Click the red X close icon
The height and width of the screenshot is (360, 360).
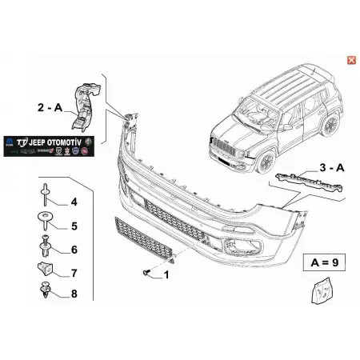click(350, 59)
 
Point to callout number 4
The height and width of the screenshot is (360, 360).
click(74, 202)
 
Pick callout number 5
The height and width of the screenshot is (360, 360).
click(74, 226)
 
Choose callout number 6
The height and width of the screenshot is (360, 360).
click(74, 250)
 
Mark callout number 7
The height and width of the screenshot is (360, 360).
click(74, 274)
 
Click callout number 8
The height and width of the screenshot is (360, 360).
click(74, 295)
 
